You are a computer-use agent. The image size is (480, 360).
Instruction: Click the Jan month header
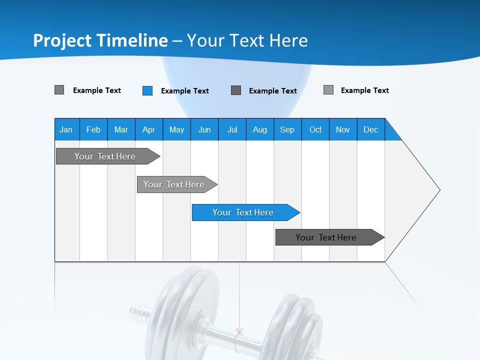click(x=66, y=129)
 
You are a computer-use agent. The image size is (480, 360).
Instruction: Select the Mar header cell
click(x=121, y=129)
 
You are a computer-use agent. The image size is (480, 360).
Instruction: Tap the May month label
click(x=176, y=129)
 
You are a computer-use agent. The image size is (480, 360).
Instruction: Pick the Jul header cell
click(x=232, y=129)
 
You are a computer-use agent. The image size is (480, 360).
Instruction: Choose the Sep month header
click(x=287, y=129)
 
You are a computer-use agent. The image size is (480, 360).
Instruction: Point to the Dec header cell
click(x=370, y=129)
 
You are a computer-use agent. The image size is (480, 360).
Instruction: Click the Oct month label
click(x=315, y=129)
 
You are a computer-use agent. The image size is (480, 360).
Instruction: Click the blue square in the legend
click(x=147, y=90)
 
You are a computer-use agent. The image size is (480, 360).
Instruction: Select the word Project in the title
click(x=62, y=40)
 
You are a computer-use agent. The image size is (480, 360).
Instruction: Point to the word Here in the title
click(x=288, y=40)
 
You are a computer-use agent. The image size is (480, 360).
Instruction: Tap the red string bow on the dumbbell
click(x=239, y=331)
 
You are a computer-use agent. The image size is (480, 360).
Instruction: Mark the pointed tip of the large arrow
click(x=439, y=190)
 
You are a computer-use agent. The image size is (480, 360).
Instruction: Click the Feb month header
click(x=93, y=129)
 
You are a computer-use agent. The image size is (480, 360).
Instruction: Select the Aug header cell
click(x=259, y=129)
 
